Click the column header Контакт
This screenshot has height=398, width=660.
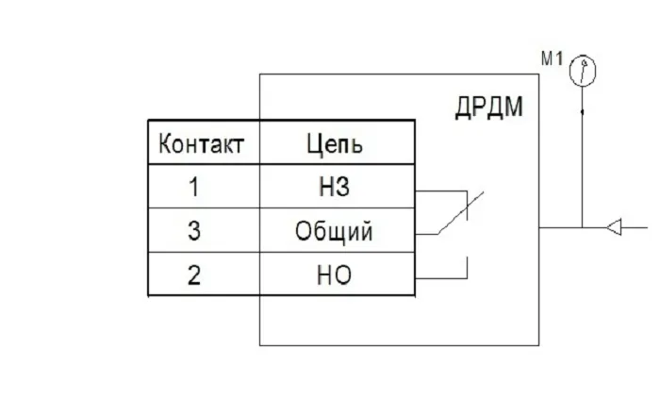[x=203, y=144]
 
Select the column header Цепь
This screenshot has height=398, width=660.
[x=336, y=144]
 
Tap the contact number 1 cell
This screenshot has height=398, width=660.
[x=195, y=188]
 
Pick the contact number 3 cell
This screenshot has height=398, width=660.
[x=195, y=231]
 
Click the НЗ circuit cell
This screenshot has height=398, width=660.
[x=336, y=188]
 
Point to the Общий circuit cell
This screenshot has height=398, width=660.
[x=336, y=231]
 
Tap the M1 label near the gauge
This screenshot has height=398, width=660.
[x=552, y=59]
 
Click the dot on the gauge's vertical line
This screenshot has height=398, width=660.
[x=583, y=112]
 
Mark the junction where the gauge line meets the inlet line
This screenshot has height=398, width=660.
[x=583, y=227]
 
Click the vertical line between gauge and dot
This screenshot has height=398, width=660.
[x=583, y=98]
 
